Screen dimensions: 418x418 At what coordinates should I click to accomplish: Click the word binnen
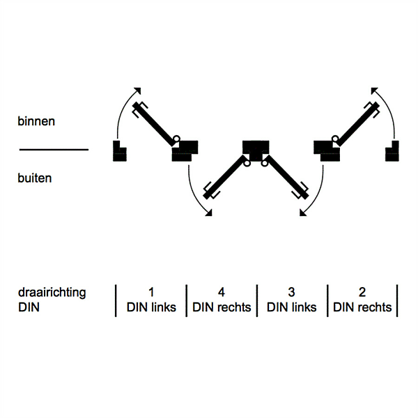(x=36, y=121)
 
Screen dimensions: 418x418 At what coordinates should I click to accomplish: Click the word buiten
(x=35, y=178)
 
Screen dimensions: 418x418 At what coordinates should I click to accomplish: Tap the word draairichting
(x=52, y=293)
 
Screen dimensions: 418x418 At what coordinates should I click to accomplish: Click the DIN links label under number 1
(x=151, y=307)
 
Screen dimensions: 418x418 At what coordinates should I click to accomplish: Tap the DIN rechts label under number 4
(x=222, y=307)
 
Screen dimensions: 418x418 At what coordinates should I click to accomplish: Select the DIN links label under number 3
(x=292, y=307)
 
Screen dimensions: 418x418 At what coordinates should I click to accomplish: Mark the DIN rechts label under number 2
(x=362, y=307)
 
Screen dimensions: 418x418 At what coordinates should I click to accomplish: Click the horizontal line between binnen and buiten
(x=54, y=149)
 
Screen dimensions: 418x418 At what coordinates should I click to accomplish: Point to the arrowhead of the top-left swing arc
(x=137, y=89)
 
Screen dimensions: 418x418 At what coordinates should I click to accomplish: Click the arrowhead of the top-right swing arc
(x=374, y=89)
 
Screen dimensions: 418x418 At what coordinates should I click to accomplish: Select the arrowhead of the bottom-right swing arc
(x=304, y=215)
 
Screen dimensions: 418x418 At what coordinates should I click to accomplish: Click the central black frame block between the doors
(x=256, y=147)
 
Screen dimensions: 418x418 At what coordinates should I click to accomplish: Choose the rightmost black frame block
(x=392, y=150)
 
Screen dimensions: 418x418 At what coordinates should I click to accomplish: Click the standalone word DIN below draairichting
(x=27, y=307)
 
